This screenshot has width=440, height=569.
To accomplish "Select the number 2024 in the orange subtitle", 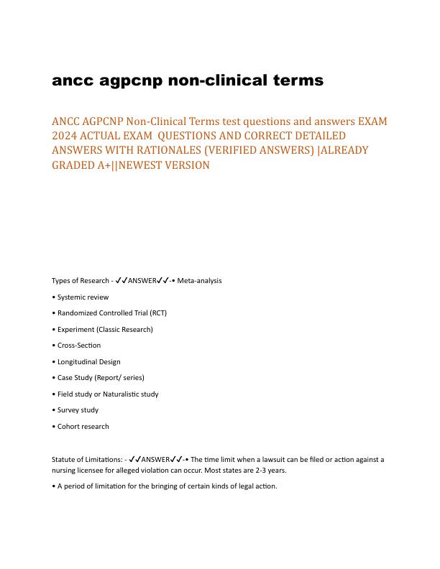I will tap(66, 135).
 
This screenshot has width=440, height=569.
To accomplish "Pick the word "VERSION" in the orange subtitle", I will tap(186, 165).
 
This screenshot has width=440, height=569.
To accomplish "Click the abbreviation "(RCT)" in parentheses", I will tap(156, 313).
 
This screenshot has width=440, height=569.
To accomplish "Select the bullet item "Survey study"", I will tap(77, 410).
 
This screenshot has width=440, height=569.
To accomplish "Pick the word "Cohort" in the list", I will tap(68, 427).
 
